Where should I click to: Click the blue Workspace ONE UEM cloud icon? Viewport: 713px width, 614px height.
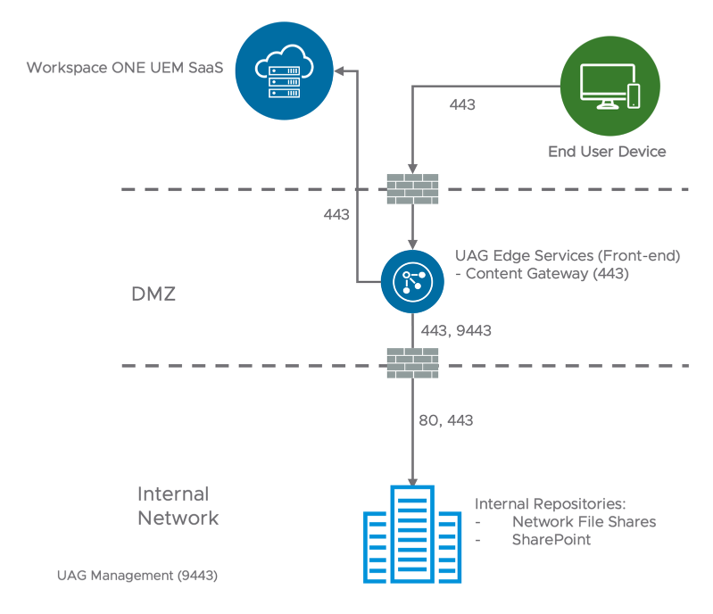coord(284,71)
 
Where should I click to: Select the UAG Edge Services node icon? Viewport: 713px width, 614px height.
coord(412,280)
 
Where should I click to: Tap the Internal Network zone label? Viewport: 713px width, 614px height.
coord(177,505)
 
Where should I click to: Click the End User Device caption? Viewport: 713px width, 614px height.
coord(607,152)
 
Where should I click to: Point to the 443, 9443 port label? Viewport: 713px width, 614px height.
coord(455,331)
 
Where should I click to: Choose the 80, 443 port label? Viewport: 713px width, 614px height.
coord(446,419)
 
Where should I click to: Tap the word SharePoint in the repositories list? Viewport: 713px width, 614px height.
coord(551,540)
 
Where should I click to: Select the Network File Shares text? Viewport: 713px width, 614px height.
coord(584,522)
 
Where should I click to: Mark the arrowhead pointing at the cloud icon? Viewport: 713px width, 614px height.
coord(340,70)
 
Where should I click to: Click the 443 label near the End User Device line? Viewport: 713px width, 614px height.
coord(461,104)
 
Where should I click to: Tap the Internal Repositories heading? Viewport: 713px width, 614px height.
coord(551,504)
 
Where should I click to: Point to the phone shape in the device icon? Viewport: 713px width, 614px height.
coord(634,95)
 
